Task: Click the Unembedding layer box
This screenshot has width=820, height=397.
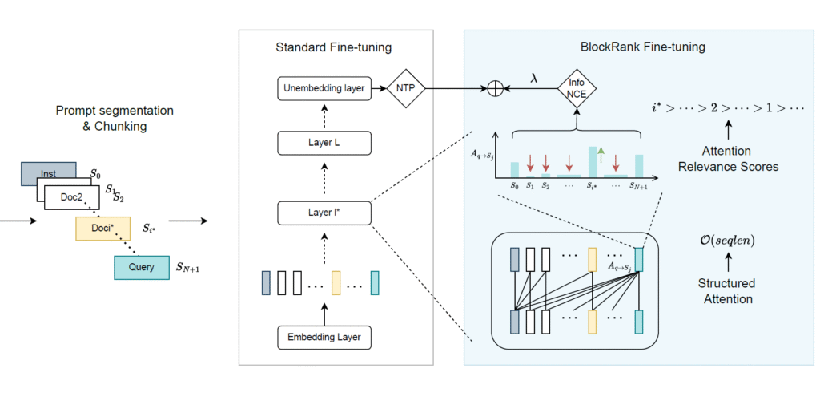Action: click(324, 89)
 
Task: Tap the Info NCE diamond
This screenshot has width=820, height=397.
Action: click(577, 90)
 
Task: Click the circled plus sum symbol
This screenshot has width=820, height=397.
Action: click(496, 89)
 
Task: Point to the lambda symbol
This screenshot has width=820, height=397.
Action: click(535, 78)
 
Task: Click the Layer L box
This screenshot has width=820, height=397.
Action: click(324, 144)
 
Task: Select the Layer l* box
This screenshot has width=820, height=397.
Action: click(324, 213)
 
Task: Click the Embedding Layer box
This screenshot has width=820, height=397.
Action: click(324, 337)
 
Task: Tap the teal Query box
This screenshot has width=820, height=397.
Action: click(140, 267)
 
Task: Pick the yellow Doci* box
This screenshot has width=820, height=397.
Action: click(102, 229)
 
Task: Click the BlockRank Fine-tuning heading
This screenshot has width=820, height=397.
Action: click(642, 47)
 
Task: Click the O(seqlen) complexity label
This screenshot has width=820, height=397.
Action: click(726, 240)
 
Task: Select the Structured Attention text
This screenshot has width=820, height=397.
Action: click(726, 291)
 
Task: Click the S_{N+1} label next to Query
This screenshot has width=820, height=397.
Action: click(187, 268)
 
